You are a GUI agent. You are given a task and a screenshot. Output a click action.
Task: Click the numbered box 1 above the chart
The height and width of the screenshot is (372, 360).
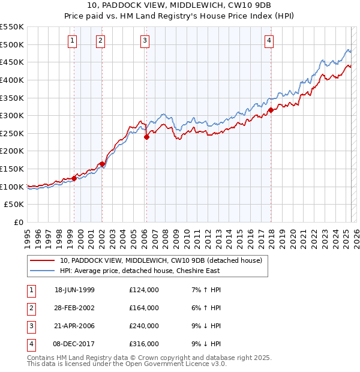tap(72, 41)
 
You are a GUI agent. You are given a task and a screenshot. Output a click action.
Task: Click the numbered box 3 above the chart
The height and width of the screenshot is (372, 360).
tap(145, 41)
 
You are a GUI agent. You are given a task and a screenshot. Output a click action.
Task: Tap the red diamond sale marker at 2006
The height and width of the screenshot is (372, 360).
tap(146, 137)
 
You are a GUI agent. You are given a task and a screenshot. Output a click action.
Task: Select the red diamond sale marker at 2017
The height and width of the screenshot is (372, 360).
tap(271, 110)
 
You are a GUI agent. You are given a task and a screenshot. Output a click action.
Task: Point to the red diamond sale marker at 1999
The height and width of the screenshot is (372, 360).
tap(74, 178)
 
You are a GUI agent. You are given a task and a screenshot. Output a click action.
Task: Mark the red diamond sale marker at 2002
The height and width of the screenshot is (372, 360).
tap(103, 164)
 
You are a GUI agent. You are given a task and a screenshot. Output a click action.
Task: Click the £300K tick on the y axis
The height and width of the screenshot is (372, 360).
tap(12, 115)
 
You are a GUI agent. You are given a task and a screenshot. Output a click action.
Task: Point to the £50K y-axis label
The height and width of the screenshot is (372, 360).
tap(14, 205)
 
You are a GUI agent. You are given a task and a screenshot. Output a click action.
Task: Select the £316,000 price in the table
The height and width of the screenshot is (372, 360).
tap(144, 344)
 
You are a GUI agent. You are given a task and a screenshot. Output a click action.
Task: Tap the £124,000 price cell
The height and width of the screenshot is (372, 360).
tap(144, 290)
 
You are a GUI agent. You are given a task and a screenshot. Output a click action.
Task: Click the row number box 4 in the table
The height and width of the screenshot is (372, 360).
tap(29, 344)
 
